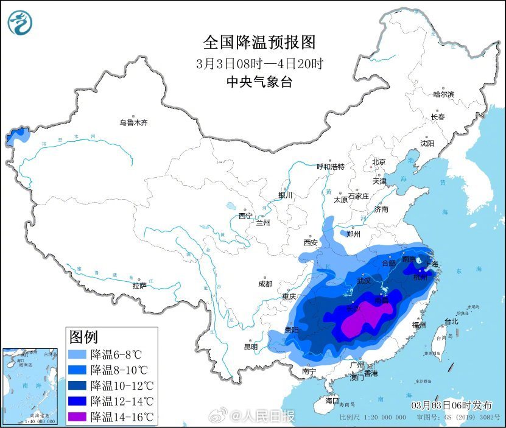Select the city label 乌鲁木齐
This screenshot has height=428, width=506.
pos(133,123)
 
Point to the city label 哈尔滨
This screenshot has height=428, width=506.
pos(443,94)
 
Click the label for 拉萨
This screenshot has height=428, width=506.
pos(139,286)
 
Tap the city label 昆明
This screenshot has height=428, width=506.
pos(251,346)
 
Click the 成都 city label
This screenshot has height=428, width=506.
pos(265,284)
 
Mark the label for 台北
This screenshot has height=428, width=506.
pos(451,321)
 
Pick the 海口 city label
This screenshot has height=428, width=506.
pos(331,401)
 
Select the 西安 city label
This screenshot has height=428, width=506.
pos(311,242)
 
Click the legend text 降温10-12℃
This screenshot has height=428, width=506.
pos(122,385)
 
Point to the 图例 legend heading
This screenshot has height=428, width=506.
pos(84,337)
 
